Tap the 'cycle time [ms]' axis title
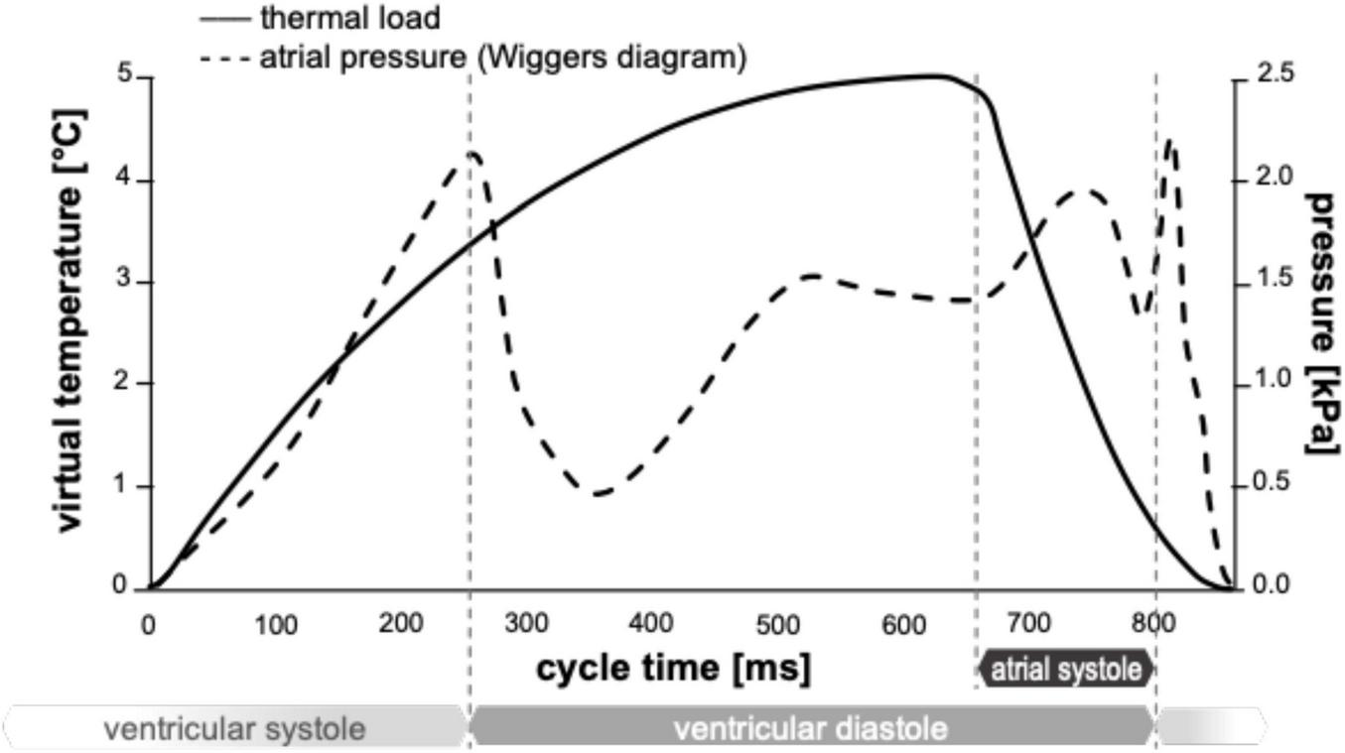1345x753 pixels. [673, 667]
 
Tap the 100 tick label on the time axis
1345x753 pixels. [275, 624]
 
